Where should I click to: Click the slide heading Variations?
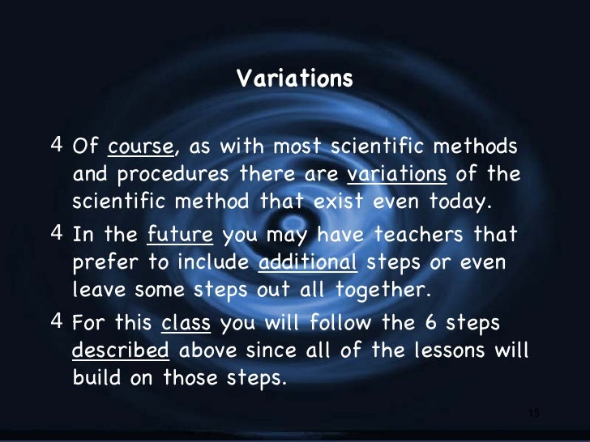coord(295,79)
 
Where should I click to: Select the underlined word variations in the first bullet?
coord(396,175)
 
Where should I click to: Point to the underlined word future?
coord(179,236)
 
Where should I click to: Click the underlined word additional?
coord(307,262)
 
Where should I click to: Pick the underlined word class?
coord(186,324)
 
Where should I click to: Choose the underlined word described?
coord(121,351)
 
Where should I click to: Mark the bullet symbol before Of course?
coord(56,147)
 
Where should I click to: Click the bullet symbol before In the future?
coord(56,234)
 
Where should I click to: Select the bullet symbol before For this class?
coord(56,322)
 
